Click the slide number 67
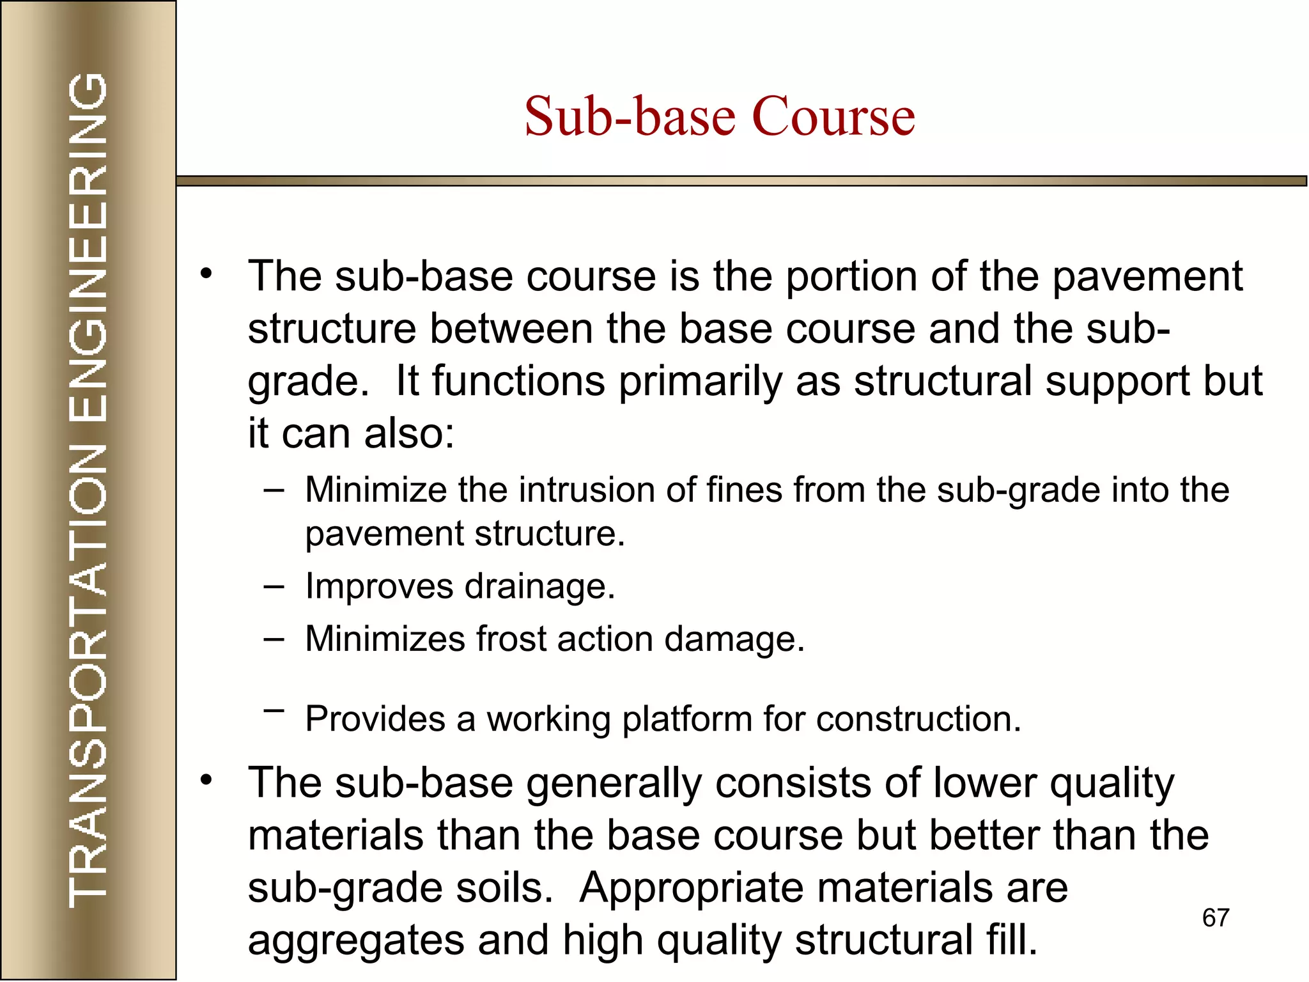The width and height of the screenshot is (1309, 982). click(x=1216, y=918)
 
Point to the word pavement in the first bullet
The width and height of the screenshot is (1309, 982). click(x=1147, y=277)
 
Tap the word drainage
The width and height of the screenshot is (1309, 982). click(x=539, y=586)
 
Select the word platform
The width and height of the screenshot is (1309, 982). click(x=687, y=719)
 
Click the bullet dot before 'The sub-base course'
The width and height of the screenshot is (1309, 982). click(x=205, y=274)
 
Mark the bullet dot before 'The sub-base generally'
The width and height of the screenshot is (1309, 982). click(x=205, y=781)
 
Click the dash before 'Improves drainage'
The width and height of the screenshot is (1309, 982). click(x=274, y=586)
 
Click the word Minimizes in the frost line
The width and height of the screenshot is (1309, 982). click(x=385, y=639)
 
